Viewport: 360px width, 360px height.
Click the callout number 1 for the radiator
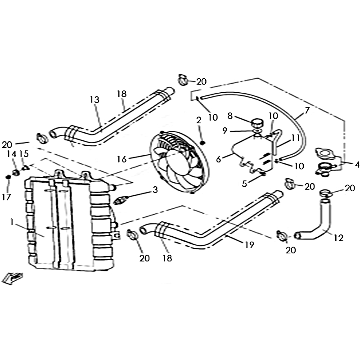[12, 222]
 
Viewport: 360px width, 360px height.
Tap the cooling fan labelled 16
[179, 162]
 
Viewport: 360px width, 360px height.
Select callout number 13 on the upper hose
[94, 100]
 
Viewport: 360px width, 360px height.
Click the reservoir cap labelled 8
[257, 122]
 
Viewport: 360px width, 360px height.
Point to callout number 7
[307, 110]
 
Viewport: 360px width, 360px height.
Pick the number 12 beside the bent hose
[338, 238]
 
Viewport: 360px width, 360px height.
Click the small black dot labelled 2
[203, 143]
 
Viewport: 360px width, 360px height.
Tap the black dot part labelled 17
[8, 177]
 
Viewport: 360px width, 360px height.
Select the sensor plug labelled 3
[121, 201]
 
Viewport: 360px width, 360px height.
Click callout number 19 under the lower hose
[249, 245]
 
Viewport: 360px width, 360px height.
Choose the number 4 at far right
[357, 164]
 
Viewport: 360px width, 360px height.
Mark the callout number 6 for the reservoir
[218, 159]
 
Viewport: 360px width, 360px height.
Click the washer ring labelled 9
[257, 130]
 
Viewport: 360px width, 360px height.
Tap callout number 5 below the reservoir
[244, 184]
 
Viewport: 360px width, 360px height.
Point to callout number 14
[12, 154]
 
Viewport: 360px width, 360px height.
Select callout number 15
[24, 153]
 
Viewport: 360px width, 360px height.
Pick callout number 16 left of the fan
[121, 159]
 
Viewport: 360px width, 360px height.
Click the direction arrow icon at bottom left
[12, 278]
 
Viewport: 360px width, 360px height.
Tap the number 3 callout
[155, 189]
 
